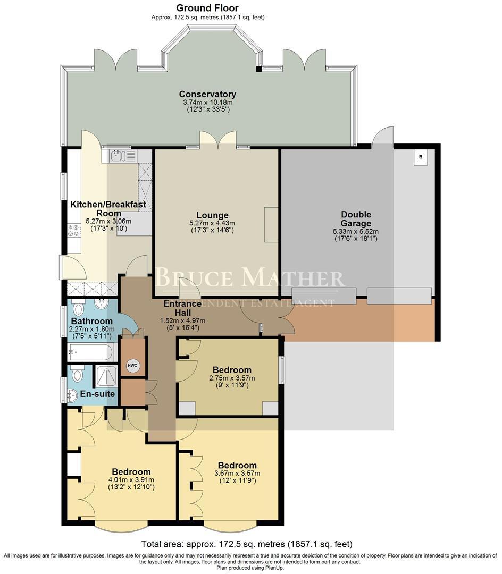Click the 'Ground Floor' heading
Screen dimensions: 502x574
(x=207, y=7)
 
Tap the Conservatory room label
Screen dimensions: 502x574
(x=207, y=94)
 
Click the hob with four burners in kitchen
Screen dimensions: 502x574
(x=73, y=230)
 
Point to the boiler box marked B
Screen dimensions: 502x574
(x=421, y=157)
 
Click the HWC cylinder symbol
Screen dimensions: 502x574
(x=132, y=365)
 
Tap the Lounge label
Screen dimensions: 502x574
(x=212, y=215)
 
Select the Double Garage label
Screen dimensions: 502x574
(x=356, y=219)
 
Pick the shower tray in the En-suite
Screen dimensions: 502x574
(x=106, y=376)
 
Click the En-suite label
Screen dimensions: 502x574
(x=97, y=394)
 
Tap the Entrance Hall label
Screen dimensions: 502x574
(x=182, y=308)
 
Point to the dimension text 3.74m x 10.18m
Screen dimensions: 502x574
(x=207, y=103)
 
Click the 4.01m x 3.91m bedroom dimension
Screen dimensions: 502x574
(x=131, y=480)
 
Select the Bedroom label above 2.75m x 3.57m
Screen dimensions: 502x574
(x=232, y=370)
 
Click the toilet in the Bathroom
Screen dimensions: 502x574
(x=78, y=308)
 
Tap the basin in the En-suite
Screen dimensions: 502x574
(x=72, y=394)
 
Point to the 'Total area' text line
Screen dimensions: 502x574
(x=247, y=544)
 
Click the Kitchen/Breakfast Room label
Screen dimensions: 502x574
(x=108, y=209)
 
